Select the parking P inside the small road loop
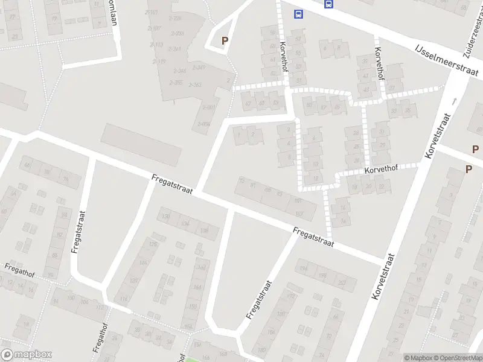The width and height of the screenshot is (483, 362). click(x=225, y=41)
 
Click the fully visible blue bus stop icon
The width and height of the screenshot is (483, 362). click(x=298, y=14)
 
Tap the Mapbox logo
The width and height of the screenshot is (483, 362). click(x=26, y=355)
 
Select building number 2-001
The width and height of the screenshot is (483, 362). click(x=208, y=107)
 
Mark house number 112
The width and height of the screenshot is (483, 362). click(x=100, y=308)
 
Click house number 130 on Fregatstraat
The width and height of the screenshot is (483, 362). click(x=165, y=216)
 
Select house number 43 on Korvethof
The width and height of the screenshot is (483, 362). click(x=365, y=76)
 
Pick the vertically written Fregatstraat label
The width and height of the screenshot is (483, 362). click(x=78, y=232)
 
